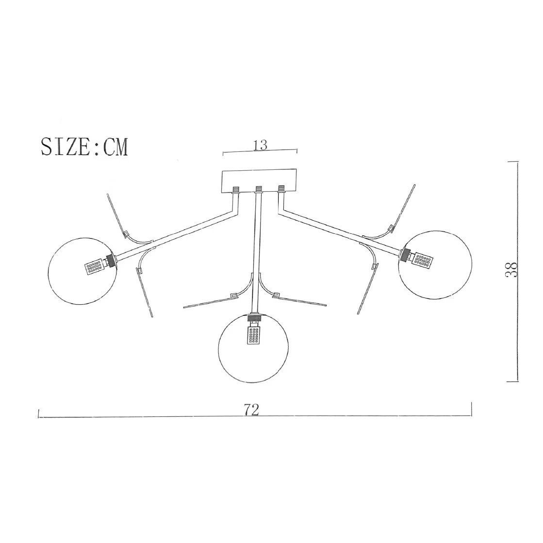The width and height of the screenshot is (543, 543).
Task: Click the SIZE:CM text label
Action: pos(84,147)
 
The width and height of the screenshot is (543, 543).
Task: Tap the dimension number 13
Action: pos(260,145)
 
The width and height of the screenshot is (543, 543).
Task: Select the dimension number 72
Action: pos(252,410)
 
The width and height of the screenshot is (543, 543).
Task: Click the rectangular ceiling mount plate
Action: pos(260,181)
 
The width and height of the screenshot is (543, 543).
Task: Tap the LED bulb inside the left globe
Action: pos(94,267)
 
